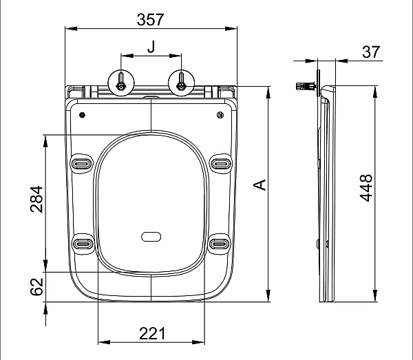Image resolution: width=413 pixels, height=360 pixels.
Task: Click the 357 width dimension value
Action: coord(150,19)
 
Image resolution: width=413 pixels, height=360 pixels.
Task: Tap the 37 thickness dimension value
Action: coord(371,52)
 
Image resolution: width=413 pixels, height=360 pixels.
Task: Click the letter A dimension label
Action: coord(260,184)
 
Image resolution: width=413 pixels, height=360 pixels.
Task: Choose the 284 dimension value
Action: coord(36,199)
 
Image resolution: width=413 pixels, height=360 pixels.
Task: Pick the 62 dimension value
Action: coord(36,287)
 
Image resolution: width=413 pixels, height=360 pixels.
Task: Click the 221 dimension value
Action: coord(151,333)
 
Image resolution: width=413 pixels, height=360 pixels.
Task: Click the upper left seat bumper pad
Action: coord(82,163)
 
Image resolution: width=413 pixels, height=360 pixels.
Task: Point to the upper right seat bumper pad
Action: coord(220,163)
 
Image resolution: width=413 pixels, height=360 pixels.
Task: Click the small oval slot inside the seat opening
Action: coord(151,237)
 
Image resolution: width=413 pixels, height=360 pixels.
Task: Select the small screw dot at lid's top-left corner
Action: coord(82,114)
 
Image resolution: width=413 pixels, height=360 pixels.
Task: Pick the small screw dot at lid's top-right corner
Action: coord(220,114)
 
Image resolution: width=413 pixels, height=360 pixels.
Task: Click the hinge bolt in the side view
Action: coord(304,87)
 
